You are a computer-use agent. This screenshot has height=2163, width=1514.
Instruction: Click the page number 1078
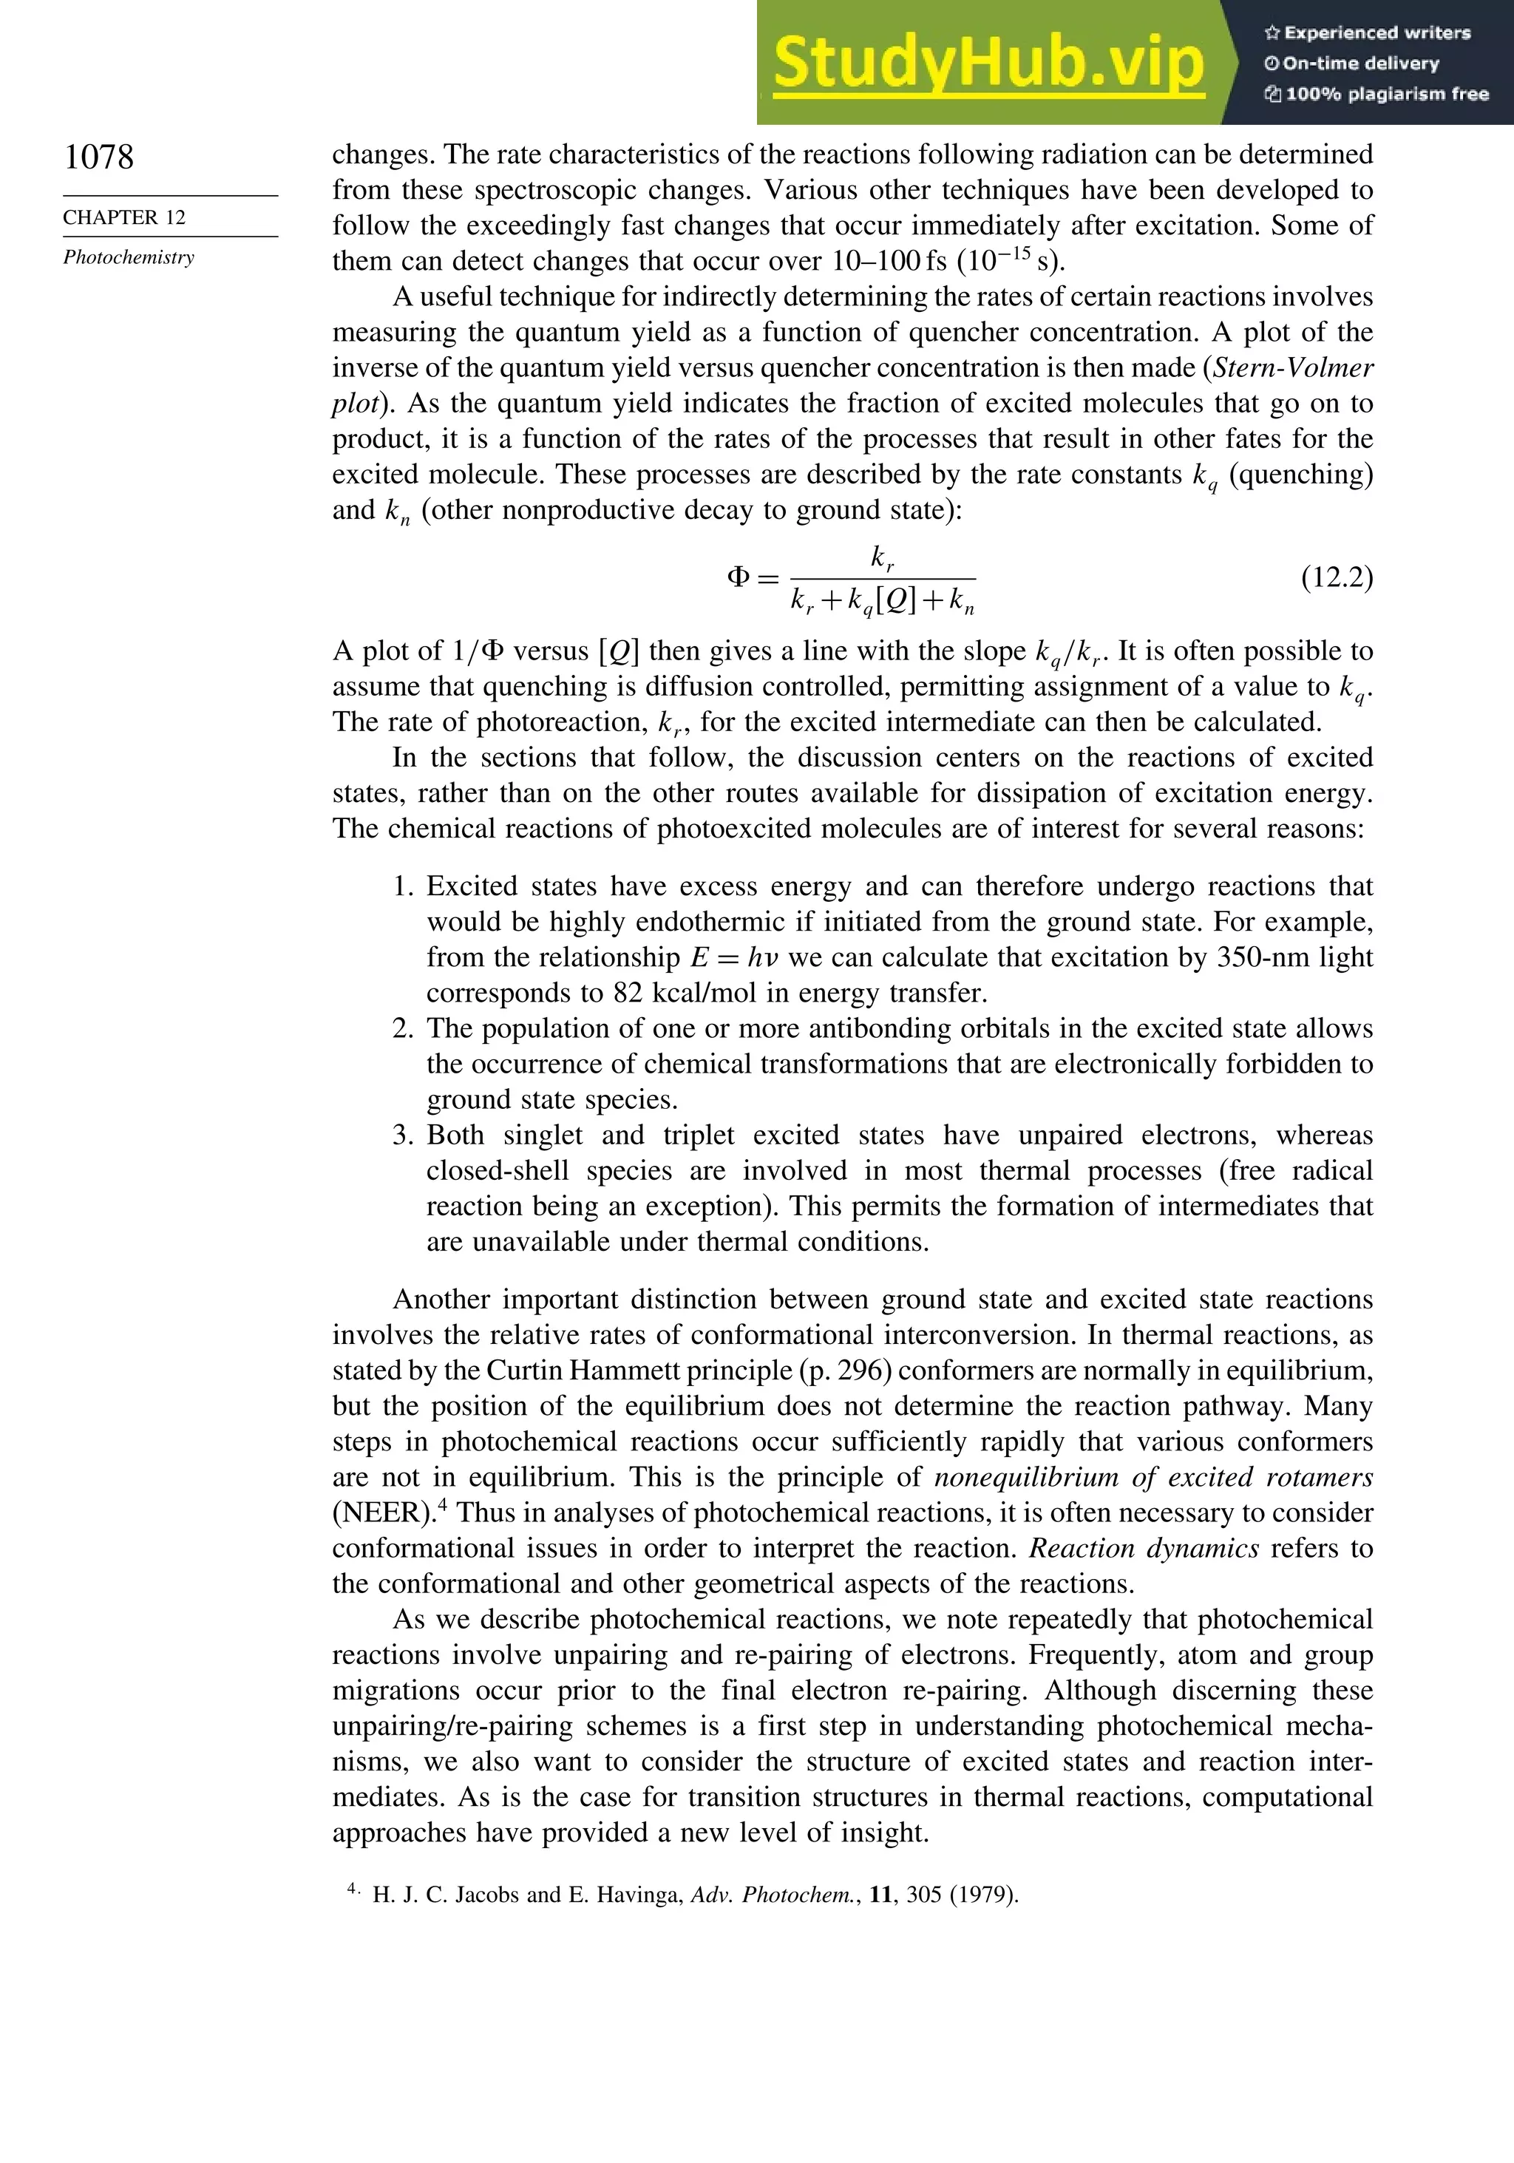point(99,157)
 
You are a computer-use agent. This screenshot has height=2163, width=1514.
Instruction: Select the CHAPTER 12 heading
point(124,217)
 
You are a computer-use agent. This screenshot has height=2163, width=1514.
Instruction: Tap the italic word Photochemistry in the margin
point(129,257)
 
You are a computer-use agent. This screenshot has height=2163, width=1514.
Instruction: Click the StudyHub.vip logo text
point(988,63)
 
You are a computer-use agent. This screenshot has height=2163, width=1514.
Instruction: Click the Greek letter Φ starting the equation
point(739,577)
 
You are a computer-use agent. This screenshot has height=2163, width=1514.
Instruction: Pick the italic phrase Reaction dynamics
point(1144,1549)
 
